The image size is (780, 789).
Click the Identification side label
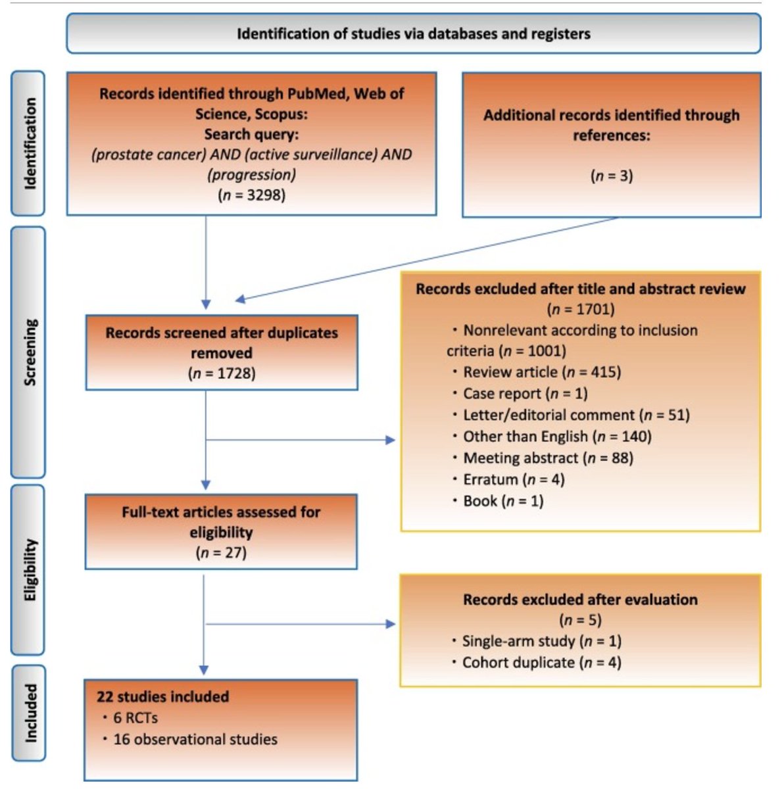tap(29, 143)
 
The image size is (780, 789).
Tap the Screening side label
tap(29, 352)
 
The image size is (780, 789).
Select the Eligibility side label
tap(29, 569)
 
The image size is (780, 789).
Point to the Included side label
tap(29, 713)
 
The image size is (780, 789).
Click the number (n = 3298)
tap(251, 195)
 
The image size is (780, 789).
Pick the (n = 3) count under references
tap(611, 176)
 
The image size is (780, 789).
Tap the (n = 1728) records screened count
tap(222, 373)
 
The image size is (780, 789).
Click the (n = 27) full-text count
tap(221, 552)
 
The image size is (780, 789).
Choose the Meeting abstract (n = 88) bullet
tap(548, 458)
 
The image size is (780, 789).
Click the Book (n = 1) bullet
tap(503, 501)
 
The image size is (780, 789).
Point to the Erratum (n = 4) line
tap(514, 479)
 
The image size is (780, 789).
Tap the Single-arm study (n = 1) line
tap(541, 641)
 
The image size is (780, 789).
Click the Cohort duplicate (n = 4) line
tap(541, 662)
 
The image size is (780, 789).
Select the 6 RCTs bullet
tap(135, 718)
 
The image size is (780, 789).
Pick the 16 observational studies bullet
tap(195, 739)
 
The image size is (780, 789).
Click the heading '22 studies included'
tap(163, 696)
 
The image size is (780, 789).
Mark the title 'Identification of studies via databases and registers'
tap(413, 34)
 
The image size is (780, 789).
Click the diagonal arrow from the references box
tap(427, 258)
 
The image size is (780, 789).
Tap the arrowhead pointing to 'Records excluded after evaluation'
tap(391, 623)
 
